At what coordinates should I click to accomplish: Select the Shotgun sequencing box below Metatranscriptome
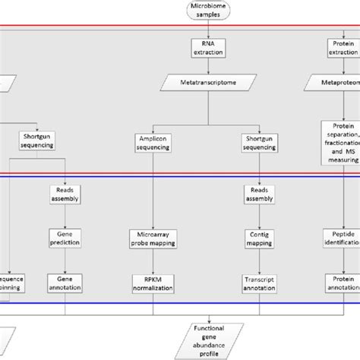pyautogui.click(x=257, y=142)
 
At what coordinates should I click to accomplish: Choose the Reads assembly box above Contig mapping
pyautogui.click(x=257, y=194)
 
